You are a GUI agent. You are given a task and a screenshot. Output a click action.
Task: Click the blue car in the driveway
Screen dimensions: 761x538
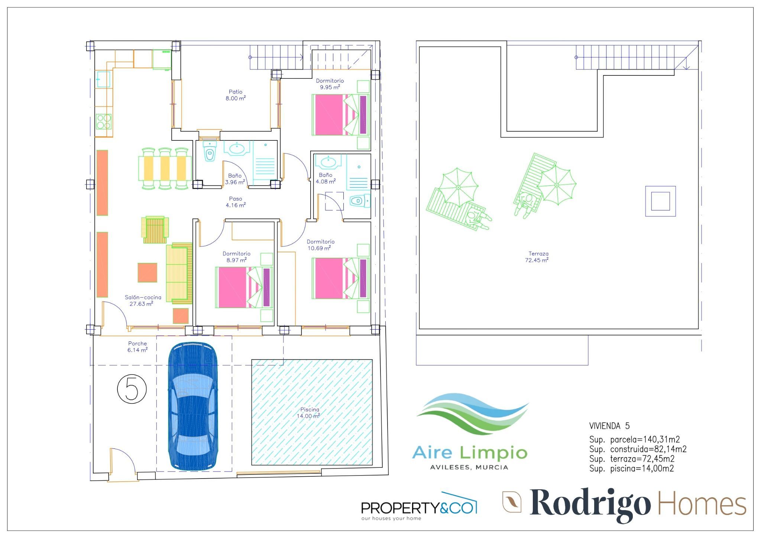[193, 406]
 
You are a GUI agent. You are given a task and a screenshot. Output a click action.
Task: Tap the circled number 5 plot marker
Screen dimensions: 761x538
[132, 389]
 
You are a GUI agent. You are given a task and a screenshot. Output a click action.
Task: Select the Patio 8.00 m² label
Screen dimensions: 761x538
[236, 95]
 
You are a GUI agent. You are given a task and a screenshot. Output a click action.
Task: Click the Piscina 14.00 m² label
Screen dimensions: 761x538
[309, 413]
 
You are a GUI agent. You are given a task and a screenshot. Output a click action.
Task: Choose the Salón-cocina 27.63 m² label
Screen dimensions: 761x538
[143, 301]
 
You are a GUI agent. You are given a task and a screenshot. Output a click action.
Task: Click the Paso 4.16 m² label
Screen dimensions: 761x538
[236, 202]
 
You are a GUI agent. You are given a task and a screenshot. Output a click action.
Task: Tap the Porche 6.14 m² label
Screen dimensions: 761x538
[137, 347]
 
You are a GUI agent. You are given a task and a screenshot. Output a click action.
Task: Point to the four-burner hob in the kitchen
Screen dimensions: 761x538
[104, 121]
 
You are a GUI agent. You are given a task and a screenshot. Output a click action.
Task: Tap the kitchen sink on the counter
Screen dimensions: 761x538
[103, 80]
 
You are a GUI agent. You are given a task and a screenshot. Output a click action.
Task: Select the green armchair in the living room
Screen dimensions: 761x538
[155, 230]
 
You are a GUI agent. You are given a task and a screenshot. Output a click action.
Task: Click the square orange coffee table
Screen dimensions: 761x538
[147, 273]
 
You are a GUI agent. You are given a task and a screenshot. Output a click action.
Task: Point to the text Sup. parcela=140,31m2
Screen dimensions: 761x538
[634, 440]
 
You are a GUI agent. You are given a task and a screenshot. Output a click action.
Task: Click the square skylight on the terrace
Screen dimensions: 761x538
[660, 201]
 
